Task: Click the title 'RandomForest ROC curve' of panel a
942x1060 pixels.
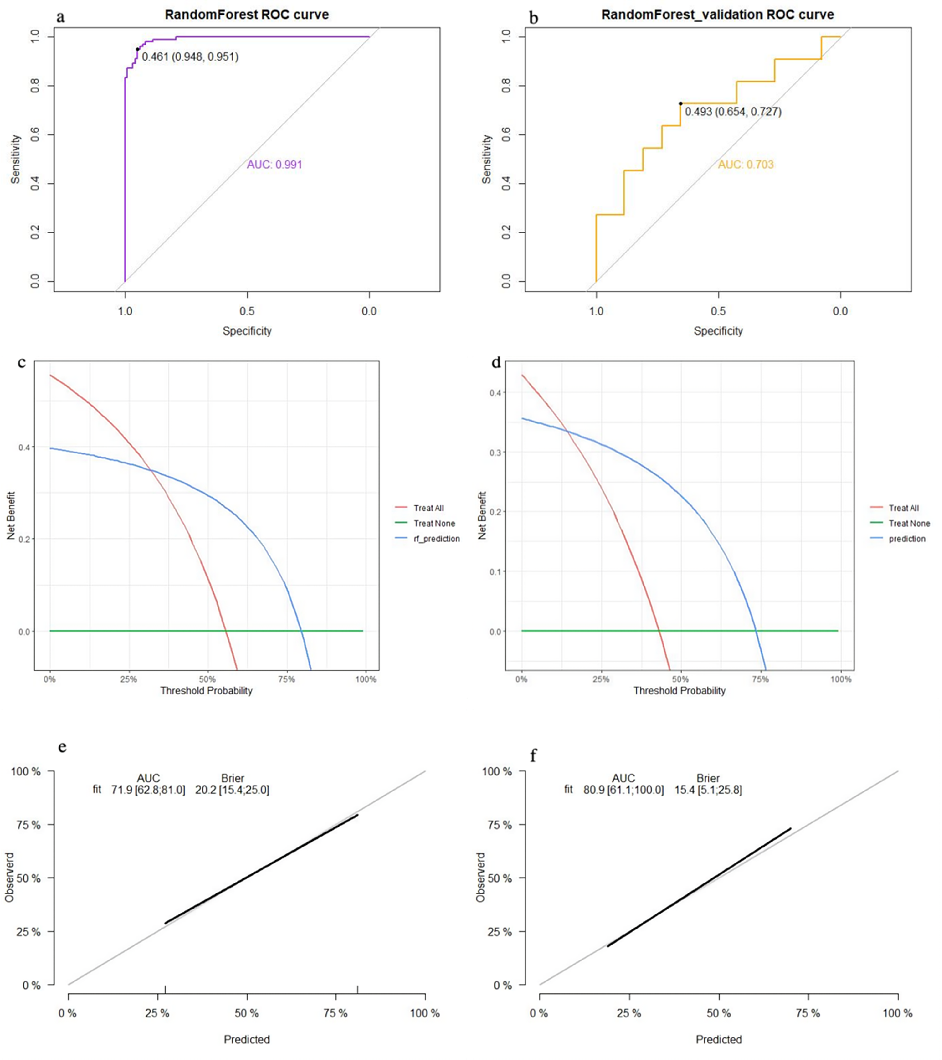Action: coord(247,14)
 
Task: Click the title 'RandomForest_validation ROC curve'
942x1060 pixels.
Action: coord(718,14)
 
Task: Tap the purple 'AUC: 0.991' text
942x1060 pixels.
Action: coord(274,165)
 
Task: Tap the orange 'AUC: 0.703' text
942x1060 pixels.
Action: coord(745,165)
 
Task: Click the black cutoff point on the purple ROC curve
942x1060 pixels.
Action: coord(137,49)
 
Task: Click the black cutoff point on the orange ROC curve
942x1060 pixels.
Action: coord(681,103)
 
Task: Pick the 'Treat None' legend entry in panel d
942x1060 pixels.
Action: coord(909,524)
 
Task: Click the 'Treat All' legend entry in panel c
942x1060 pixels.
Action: coord(428,508)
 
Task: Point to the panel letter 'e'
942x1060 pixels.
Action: coord(62,748)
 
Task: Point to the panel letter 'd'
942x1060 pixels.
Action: coord(496,362)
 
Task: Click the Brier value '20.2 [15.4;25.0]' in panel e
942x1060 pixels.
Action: coord(232,790)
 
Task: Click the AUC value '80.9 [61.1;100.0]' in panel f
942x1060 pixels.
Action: coord(623,790)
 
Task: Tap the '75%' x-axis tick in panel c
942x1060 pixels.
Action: coord(287,680)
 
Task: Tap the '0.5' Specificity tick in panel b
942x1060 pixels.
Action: coord(718,311)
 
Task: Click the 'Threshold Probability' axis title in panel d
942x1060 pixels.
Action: coord(679,691)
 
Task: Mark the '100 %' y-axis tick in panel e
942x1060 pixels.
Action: coord(25,772)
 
